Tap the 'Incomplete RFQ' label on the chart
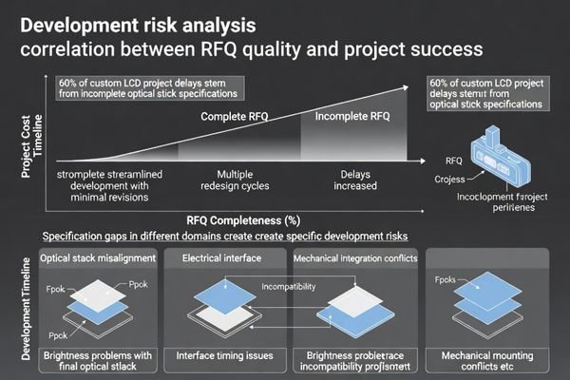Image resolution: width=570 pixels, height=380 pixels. click(x=347, y=117)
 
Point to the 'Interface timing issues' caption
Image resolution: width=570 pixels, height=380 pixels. click(x=226, y=355)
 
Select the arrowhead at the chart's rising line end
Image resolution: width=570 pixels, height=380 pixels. click(x=406, y=85)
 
